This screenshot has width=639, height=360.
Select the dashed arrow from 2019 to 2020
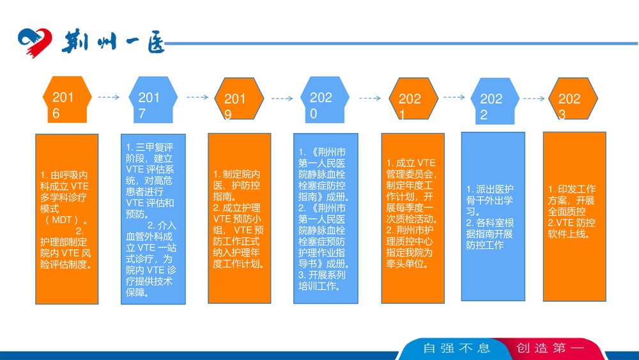[282, 99]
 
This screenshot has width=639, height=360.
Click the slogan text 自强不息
[456, 348]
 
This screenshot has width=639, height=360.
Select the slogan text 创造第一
[551, 348]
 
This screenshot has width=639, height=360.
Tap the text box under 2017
[153, 219]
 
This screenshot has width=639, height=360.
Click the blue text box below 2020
[325, 218]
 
